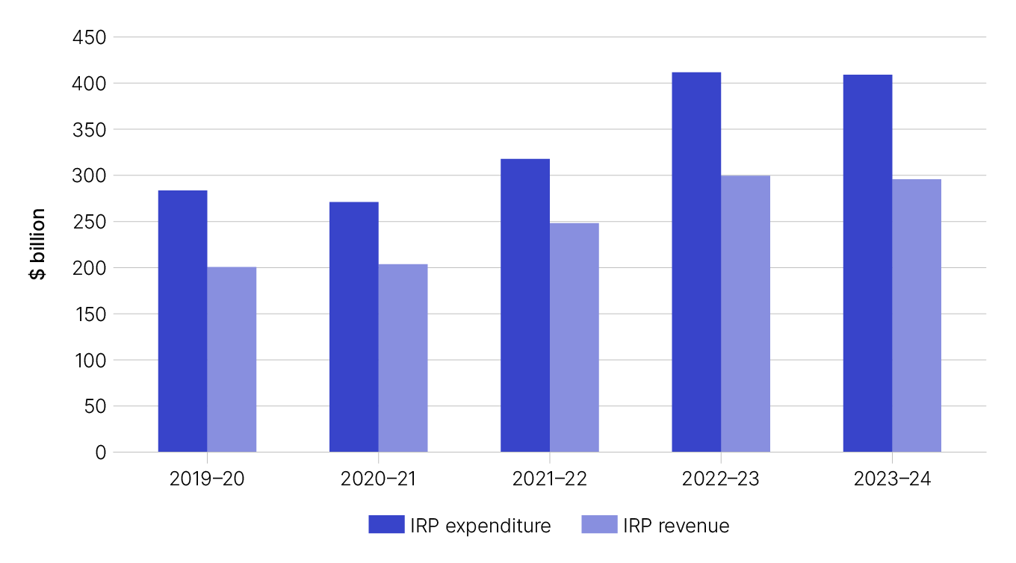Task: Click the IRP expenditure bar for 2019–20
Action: point(182,321)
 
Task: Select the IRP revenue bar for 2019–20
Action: point(232,359)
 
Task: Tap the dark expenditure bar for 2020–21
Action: point(353,326)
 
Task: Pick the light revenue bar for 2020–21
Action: point(403,358)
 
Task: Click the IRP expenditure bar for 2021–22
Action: point(524,305)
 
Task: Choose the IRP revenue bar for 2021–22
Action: point(574,338)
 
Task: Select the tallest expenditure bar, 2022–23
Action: point(696,262)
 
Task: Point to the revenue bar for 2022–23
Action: point(745,314)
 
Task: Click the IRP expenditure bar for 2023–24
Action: point(867,264)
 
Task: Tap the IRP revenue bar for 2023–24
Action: point(916,315)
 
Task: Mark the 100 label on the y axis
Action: point(90,360)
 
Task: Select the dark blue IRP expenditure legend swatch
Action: point(386,525)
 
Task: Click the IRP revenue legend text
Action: point(676,526)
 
